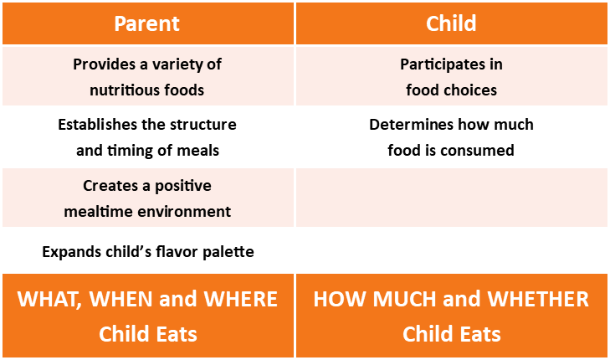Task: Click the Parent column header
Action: click(146, 23)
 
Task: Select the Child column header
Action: click(451, 23)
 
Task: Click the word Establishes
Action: click(97, 125)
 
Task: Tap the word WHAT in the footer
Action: click(49, 299)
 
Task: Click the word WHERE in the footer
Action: click(240, 299)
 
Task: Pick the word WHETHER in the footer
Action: click(538, 299)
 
